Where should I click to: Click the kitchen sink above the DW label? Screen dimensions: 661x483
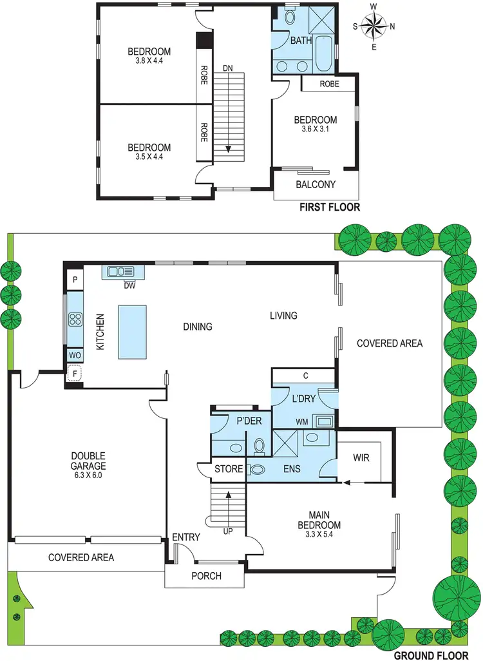(120, 272)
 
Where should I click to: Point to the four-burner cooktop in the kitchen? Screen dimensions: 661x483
(75, 320)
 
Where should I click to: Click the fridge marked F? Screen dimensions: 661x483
(75, 373)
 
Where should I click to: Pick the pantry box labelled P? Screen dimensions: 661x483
(75, 280)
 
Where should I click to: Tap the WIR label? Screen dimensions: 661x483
(361, 458)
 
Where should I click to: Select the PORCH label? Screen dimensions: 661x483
(206, 575)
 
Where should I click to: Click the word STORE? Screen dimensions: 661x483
(229, 469)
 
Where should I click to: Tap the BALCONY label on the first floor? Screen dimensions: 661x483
(316, 184)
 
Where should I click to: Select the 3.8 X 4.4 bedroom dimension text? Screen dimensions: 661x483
(149, 62)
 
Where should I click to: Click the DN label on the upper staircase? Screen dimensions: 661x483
(227, 67)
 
